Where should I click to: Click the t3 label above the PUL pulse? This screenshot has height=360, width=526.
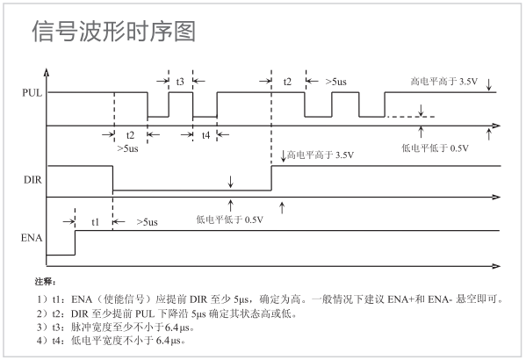pos(180,81)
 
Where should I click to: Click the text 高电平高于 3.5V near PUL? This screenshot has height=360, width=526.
pos(443,81)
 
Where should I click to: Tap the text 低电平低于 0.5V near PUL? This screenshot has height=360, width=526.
pos(433,147)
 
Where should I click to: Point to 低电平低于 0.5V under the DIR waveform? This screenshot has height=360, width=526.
pos(229,219)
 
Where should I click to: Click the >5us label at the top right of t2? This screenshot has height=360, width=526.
pos(335,81)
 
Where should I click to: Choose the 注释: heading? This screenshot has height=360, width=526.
pos(45,282)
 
